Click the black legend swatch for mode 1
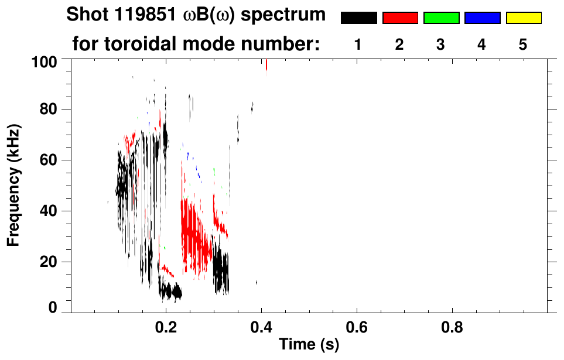[x=358, y=18]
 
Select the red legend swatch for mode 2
[x=400, y=18]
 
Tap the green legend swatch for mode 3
[x=441, y=18]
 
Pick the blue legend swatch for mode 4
[x=482, y=18]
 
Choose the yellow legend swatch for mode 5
[x=524, y=18]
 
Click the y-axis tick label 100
[x=45, y=60]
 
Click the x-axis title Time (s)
[x=308, y=345]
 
